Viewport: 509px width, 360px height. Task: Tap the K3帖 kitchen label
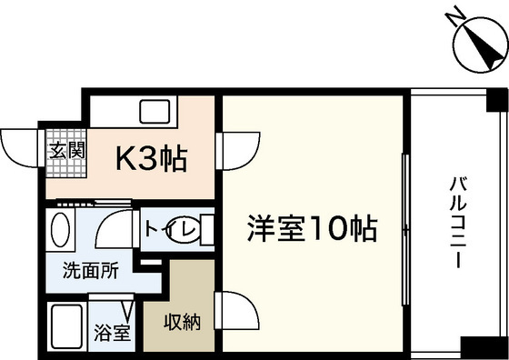[150, 160]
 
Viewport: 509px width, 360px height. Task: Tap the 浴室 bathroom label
[113, 332]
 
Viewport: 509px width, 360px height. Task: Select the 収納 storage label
[182, 322]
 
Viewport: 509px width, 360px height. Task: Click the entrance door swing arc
[20, 145]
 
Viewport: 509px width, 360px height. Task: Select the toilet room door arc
[116, 229]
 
